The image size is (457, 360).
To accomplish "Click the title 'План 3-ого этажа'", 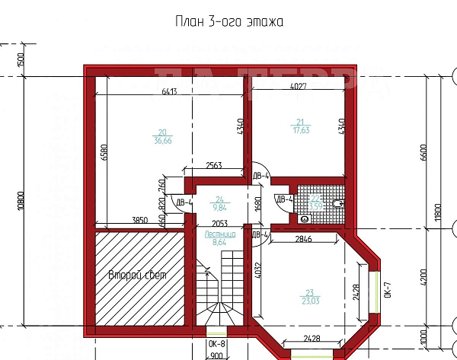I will [x=228, y=22].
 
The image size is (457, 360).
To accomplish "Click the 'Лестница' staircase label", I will [x=219, y=237].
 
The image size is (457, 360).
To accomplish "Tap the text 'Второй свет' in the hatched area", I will [x=137, y=275].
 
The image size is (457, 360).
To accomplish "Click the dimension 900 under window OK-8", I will [x=216, y=355].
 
